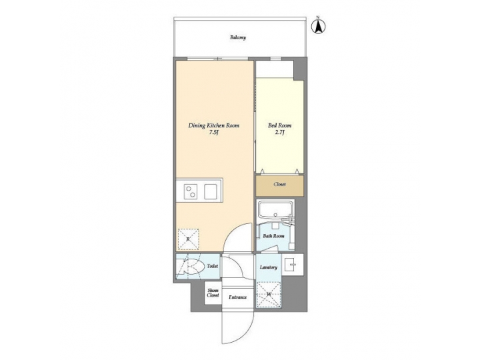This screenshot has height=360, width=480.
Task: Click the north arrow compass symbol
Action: (319, 26)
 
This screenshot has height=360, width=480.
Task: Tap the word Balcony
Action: (238, 38)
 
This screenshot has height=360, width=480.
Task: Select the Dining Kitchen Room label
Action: (214, 125)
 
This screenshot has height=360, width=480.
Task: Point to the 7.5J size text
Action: (214, 133)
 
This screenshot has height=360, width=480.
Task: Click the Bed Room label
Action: (279, 125)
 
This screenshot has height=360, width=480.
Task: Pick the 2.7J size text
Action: (279, 133)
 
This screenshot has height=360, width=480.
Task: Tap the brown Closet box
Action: (279, 185)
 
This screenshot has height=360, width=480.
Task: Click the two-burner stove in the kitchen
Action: (191, 192)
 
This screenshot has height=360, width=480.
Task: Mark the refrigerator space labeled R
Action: (189, 239)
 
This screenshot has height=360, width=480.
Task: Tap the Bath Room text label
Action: (273, 236)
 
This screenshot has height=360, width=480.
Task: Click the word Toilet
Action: (212, 266)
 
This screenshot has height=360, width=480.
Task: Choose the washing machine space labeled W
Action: (269, 293)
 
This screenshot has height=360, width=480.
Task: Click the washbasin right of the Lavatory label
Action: (293, 265)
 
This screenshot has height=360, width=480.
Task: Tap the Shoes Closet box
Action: (213, 293)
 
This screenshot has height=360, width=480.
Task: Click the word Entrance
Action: (238, 297)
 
